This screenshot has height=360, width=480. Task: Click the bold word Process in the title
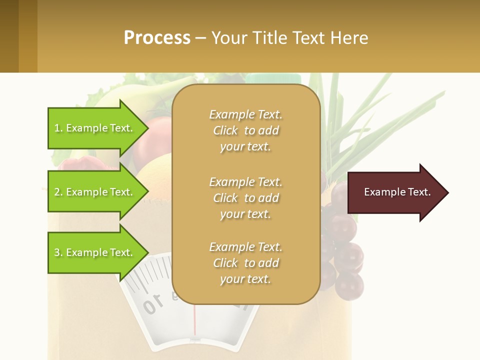[157, 38]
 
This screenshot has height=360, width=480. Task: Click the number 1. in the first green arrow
[58, 128]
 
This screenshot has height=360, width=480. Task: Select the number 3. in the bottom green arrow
[58, 252]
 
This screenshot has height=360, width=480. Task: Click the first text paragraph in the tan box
[245, 130]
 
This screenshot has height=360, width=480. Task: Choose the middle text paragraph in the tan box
[245, 198]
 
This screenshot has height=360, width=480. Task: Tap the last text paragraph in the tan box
[245, 263]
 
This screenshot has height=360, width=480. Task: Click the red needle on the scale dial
[195, 320]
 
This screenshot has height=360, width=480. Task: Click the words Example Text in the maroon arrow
[397, 192]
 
